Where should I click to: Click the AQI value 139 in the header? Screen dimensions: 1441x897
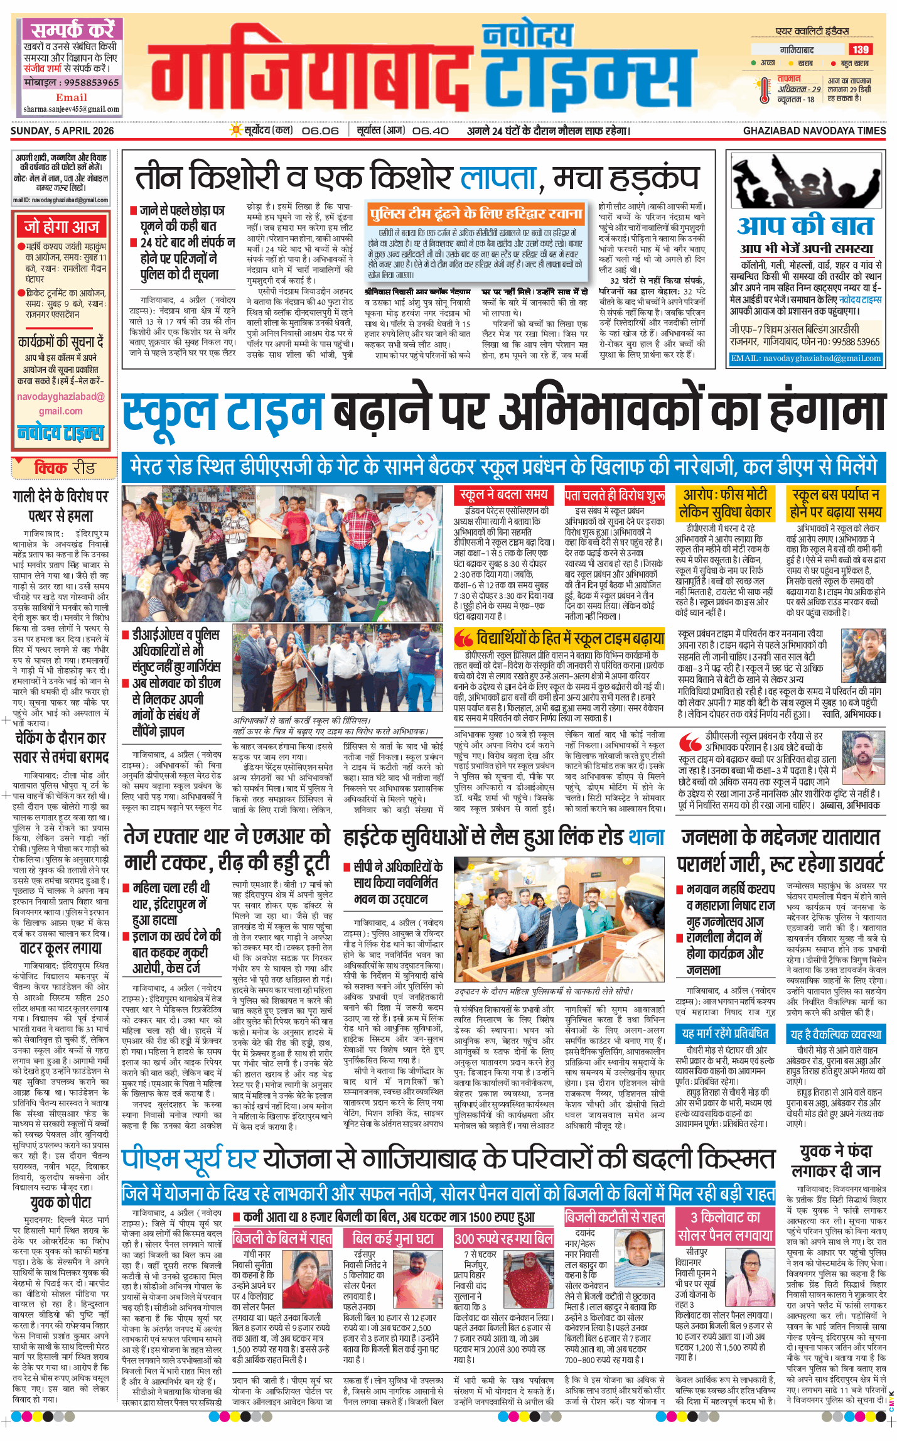pos(860,50)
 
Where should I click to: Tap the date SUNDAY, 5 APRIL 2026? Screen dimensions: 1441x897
pos(62,131)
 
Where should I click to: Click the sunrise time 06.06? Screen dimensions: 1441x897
pos(320,131)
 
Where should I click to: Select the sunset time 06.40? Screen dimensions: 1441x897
pos(431,131)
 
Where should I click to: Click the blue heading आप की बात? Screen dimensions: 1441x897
pos(805,225)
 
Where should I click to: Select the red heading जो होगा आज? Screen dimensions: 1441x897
pos(62,226)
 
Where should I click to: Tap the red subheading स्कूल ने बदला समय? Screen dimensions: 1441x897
pos(504,495)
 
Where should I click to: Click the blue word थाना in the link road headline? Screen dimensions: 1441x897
pos(646,837)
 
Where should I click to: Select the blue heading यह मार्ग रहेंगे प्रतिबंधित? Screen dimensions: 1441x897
pos(725,1034)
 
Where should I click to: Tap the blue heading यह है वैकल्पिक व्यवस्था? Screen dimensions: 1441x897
pos(835,1034)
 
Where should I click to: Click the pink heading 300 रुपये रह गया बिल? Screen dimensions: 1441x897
pos(503,1239)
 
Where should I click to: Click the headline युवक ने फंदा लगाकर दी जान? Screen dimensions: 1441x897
pos(835,1162)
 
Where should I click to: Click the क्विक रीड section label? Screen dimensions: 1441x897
pos(64,468)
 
